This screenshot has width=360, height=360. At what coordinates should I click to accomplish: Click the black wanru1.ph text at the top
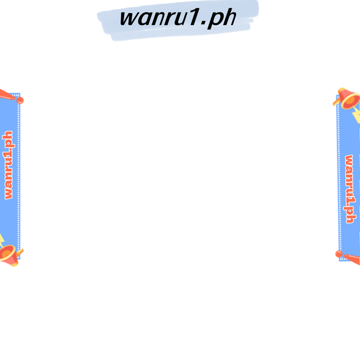pos(178,18)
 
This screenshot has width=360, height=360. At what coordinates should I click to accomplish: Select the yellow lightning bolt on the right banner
pos(356,116)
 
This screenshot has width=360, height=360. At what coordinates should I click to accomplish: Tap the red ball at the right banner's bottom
pos(338,254)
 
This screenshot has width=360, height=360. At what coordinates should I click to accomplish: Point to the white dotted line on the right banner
pos(339,180)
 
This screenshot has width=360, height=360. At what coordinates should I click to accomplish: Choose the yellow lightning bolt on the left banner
pos(1,239)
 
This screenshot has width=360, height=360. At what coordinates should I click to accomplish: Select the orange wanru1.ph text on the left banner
pos(8,165)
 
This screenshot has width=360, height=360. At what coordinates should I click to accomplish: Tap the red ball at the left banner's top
pos(20,100)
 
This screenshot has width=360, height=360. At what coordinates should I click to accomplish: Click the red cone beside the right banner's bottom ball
pos(352,258)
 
